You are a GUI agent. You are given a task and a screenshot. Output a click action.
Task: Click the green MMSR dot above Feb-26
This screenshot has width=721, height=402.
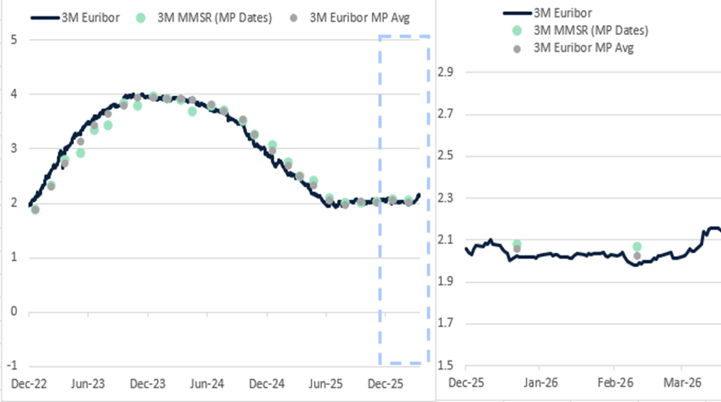pos(636,247)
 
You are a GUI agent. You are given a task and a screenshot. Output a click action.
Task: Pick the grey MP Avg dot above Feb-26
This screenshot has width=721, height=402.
pos(636,256)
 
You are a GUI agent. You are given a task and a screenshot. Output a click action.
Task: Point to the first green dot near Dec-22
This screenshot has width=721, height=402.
pos(35,210)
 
